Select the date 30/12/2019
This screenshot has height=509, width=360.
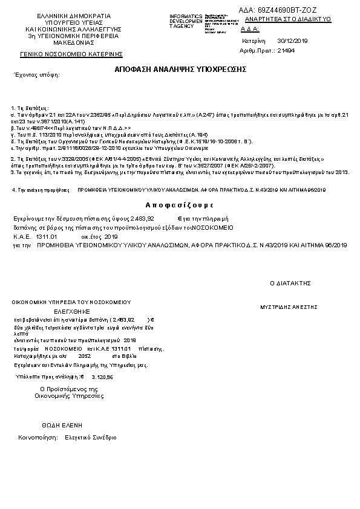click(x=292, y=41)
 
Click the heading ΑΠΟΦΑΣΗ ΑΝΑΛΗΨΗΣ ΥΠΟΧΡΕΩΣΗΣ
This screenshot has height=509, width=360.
click(x=180, y=69)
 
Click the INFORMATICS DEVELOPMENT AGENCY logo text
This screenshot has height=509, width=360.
click(x=186, y=21)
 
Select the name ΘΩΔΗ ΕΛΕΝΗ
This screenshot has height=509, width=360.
click(x=62, y=425)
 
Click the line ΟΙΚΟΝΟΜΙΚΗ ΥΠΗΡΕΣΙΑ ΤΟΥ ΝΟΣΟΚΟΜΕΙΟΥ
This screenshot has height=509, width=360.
click(x=71, y=302)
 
